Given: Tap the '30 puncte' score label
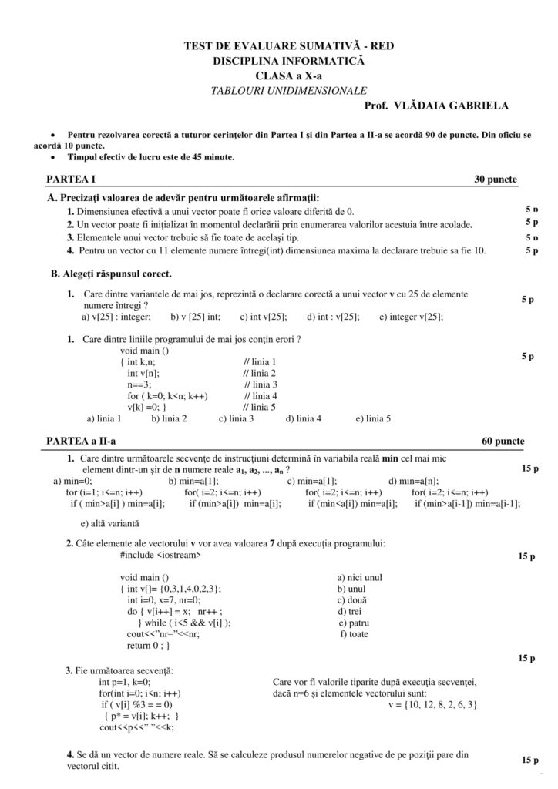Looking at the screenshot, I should coord(496,179).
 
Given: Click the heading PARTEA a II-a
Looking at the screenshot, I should coord(81,442).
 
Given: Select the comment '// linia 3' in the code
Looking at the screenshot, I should coord(261,384).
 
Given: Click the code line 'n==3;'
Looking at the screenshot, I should coord(139,384).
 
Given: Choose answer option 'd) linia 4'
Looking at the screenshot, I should coord(304,418).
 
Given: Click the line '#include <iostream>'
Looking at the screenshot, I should coord(161,554).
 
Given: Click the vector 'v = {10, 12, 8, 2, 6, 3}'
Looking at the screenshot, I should coord(433,704).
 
